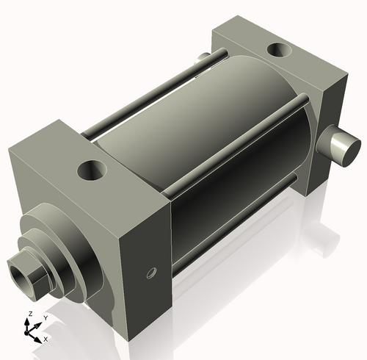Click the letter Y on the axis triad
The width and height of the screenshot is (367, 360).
point(45,317)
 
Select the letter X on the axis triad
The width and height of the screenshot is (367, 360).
point(46,339)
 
